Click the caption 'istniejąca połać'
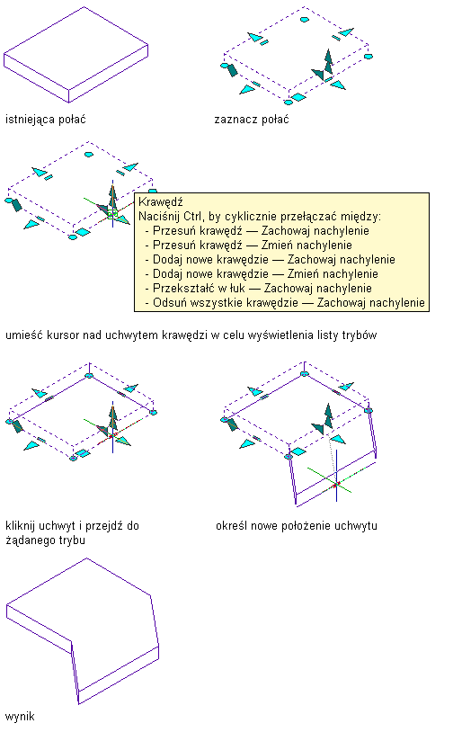tap(46, 120)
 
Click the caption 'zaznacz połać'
tap(252, 120)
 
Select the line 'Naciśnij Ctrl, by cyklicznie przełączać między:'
tap(260, 217)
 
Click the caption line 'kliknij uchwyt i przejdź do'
tap(72, 526)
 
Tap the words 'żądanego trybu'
tap(45, 540)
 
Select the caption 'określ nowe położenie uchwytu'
tap(297, 526)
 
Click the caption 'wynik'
tap(20, 716)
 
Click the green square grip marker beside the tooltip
tap(112, 215)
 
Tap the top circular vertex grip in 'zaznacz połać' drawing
tap(304, 20)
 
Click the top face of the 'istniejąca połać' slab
tap(76, 48)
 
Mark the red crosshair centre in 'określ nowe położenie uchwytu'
tap(335, 486)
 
